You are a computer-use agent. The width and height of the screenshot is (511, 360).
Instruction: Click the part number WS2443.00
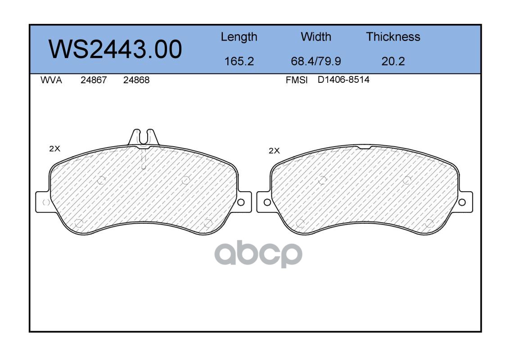click(115, 49)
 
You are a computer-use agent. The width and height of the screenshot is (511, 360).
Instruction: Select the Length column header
click(239, 37)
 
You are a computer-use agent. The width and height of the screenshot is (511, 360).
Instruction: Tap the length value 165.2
click(239, 61)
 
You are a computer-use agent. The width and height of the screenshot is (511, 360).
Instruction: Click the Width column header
click(316, 36)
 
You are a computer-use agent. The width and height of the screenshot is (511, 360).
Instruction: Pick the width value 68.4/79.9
click(316, 61)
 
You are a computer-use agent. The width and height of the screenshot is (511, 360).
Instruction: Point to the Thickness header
click(393, 36)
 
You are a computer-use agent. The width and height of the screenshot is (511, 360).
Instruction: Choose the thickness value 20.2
click(393, 61)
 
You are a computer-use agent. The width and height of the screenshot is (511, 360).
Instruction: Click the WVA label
click(51, 80)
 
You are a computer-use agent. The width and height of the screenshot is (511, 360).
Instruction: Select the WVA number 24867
click(94, 80)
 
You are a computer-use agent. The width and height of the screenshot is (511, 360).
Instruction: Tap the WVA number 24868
click(136, 80)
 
